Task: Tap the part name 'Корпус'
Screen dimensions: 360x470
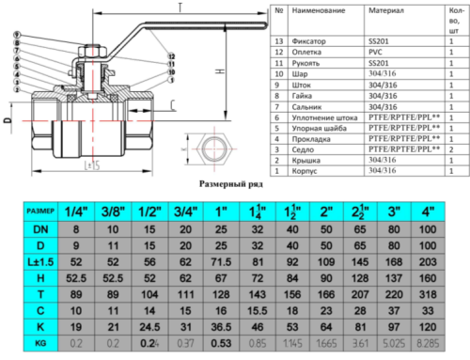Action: pyautogui.click(x=306, y=171)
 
